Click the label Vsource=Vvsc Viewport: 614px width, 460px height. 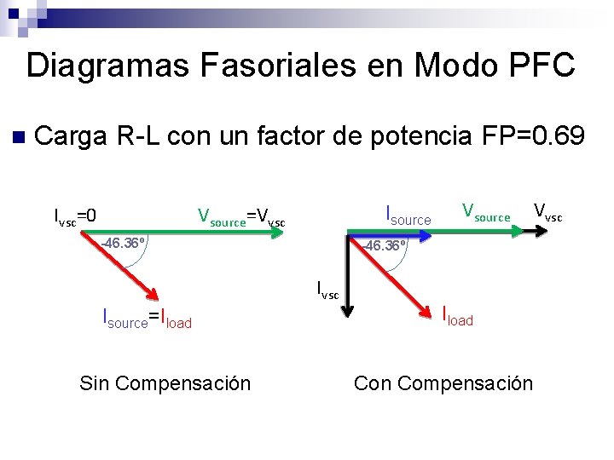click(241, 217)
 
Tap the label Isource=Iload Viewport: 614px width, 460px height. click(147, 320)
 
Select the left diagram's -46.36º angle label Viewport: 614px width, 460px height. click(123, 243)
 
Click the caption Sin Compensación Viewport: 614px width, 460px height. click(165, 383)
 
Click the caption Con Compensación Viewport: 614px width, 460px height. click(443, 383)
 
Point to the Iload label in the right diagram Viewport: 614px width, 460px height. click(457, 318)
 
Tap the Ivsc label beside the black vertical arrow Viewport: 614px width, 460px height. click(327, 290)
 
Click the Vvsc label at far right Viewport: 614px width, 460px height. click(547, 212)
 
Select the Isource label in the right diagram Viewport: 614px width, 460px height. click(408, 216)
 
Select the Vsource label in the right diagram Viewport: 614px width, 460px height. click(486, 213)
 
